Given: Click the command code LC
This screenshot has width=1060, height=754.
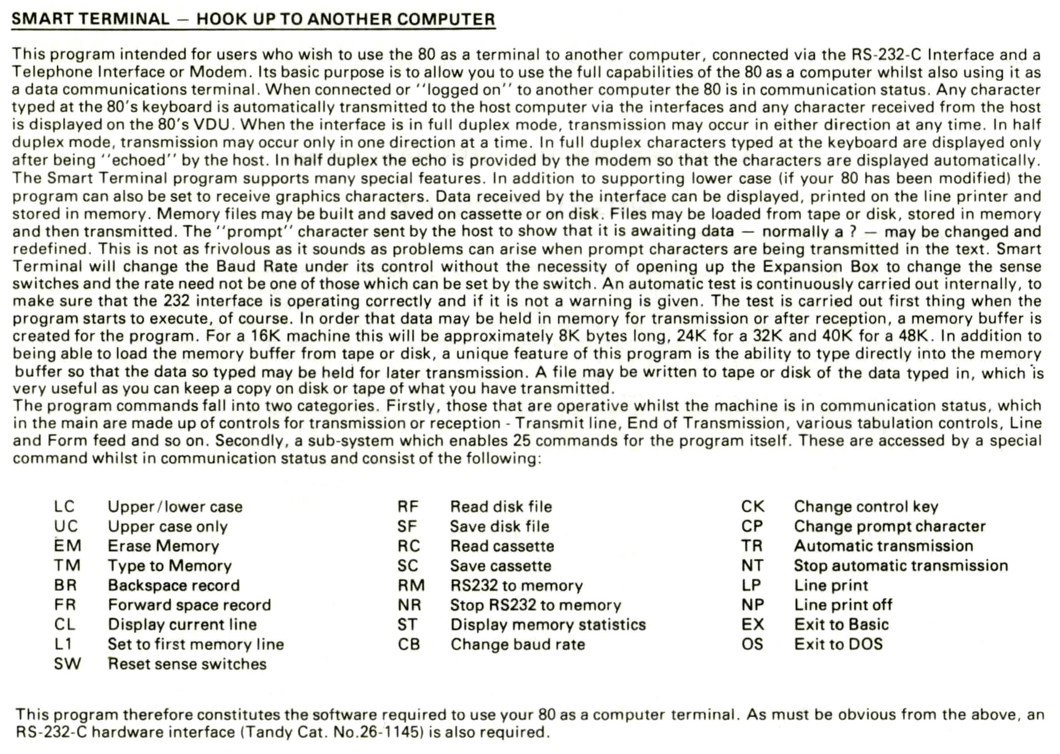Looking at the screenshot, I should pyautogui.click(x=64, y=506).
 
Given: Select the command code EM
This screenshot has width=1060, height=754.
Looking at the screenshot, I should pyautogui.click(x=67, y=546).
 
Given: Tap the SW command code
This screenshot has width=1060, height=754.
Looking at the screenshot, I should pyautogui.click(x=67, y=664).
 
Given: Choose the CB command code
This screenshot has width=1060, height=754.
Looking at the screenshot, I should pyautogui.click(x=409, y=645).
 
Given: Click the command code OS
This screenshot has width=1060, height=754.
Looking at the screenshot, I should pyautogui.click(x=752, y=645).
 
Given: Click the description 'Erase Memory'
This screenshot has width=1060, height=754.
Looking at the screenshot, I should pyautogui.click(x=163, y=546).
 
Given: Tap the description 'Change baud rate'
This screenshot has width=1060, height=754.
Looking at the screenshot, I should pyautogui.click(x=518, y=645).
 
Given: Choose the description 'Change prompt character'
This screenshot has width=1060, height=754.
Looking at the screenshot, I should pyautogui.click(x=890, y=527).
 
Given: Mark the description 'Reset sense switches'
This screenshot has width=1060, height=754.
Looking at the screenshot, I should pyautogui.click(x=187, y=664).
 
